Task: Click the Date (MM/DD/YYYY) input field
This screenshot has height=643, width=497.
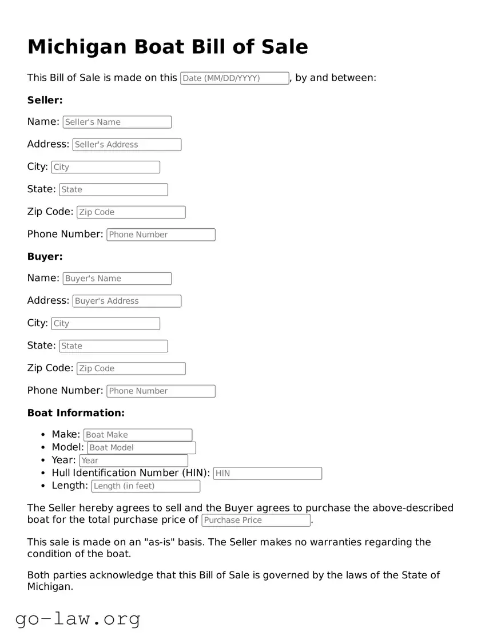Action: [234, 78]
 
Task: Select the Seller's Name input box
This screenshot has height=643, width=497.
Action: [117, 122]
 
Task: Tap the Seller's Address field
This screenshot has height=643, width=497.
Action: [126, 145]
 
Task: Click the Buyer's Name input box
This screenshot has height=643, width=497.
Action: [117, 279]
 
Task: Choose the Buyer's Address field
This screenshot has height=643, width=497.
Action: [126, 301]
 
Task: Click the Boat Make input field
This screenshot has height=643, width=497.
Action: [137, 435]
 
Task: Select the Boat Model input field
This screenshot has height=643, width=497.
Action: [141, 448]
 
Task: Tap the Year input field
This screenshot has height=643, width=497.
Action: [133, 461]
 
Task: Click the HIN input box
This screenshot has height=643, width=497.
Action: [267, 474]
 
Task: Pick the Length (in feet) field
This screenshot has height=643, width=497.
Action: [145, 486]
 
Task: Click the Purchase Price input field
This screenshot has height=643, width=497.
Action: [256, 521]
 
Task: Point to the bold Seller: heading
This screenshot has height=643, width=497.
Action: [45, 100]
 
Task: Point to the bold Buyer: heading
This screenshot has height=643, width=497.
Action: [45, 257]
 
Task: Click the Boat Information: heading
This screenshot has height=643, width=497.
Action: [75, 413]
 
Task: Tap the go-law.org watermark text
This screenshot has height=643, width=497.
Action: [78, 618]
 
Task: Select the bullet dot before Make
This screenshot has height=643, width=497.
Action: [43, 435]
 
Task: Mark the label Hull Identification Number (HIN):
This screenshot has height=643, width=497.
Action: [130, 473]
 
